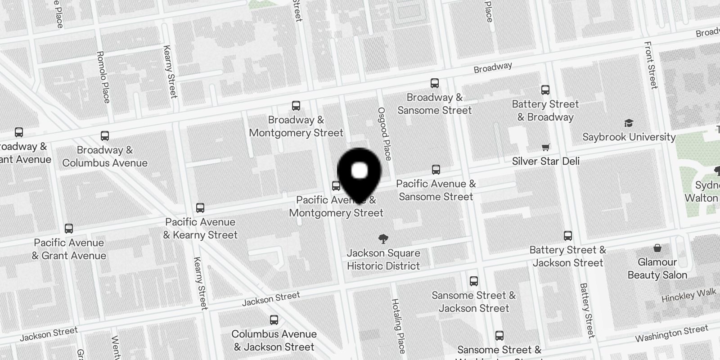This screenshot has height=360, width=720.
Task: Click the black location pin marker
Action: tap(359, 173)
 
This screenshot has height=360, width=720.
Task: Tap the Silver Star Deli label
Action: tap(545, 161)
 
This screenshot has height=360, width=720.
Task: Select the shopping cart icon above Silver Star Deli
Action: tap(546, 147)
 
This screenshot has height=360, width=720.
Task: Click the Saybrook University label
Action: tap(629, 137)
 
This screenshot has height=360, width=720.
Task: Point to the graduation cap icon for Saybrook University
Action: tap(629, 123)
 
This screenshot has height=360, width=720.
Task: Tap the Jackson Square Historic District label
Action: tap(383, 260)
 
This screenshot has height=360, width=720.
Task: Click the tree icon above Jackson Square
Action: tap(383, 239)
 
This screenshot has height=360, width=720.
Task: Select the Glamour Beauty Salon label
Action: tap(657, 269)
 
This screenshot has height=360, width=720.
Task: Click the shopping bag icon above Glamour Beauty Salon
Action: tap(657, 248)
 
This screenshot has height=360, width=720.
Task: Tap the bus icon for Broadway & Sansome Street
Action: tap(434, 83)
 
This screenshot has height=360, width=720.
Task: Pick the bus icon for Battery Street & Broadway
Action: tap(545, 90)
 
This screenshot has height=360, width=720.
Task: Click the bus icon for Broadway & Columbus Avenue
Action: tap(105, 136)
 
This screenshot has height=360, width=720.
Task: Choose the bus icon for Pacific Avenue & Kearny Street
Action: tap(200, 208)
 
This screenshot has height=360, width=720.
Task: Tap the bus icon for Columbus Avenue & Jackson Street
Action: tap(274, 320)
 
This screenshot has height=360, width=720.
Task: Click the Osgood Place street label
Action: tap(385, 134)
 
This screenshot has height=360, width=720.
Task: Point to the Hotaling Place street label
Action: tap(398, 326)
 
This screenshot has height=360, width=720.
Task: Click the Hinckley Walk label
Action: tap(688, 296)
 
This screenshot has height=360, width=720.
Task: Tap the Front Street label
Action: tap(651, 65)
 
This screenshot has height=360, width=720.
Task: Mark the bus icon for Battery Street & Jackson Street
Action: tap(568, 236)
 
